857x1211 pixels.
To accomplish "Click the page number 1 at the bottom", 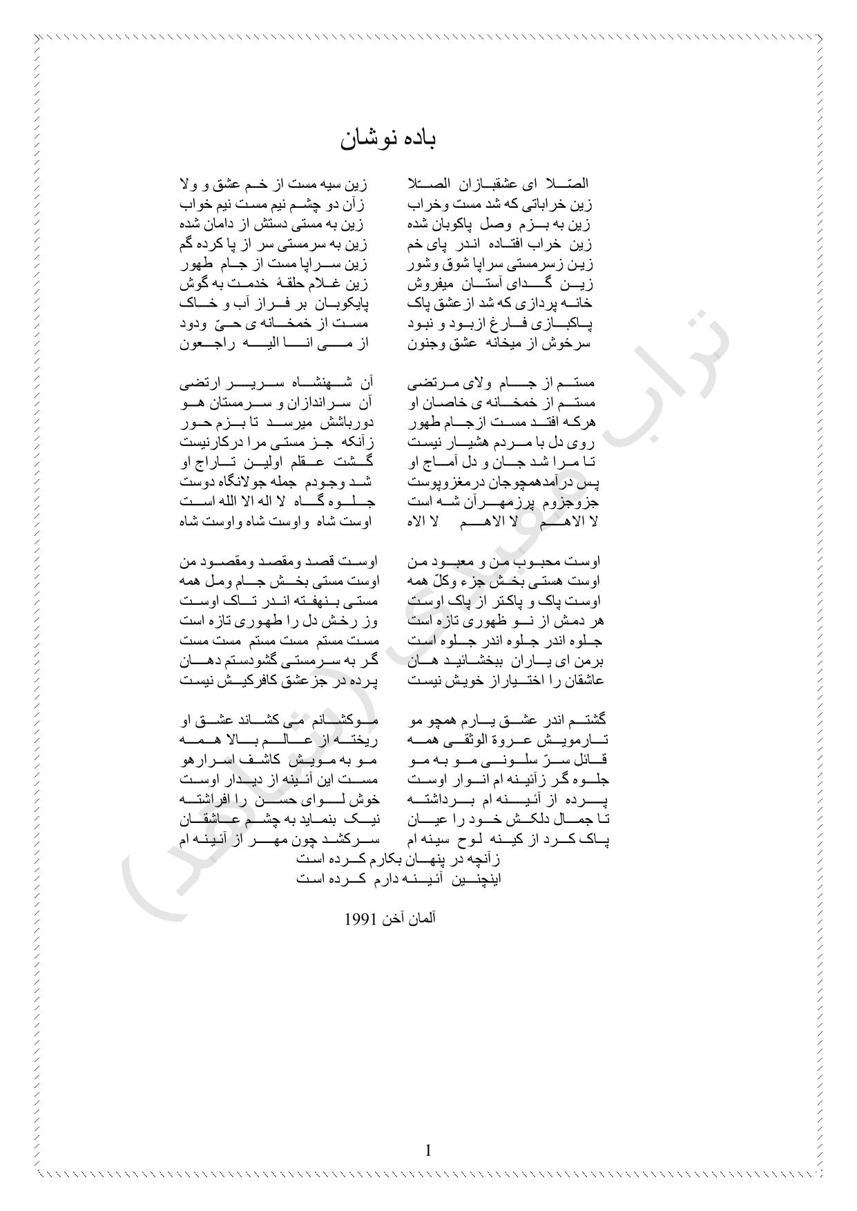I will [x=428, y=1150].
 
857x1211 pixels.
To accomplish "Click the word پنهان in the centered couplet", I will [x=432, y=860].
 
